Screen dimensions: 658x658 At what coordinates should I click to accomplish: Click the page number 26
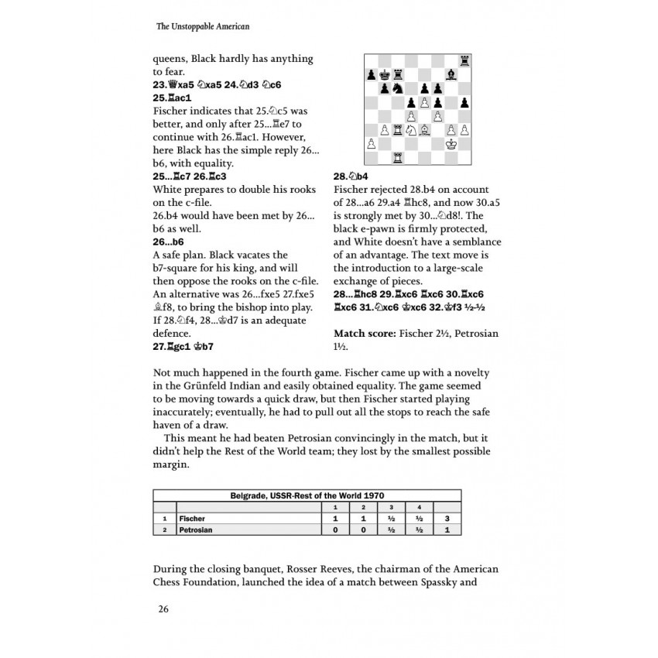tap(163, 608)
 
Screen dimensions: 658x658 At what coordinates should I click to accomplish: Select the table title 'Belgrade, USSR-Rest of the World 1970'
tap(307, 495)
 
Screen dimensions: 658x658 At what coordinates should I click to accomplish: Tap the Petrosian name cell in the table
tap(196, 529)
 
